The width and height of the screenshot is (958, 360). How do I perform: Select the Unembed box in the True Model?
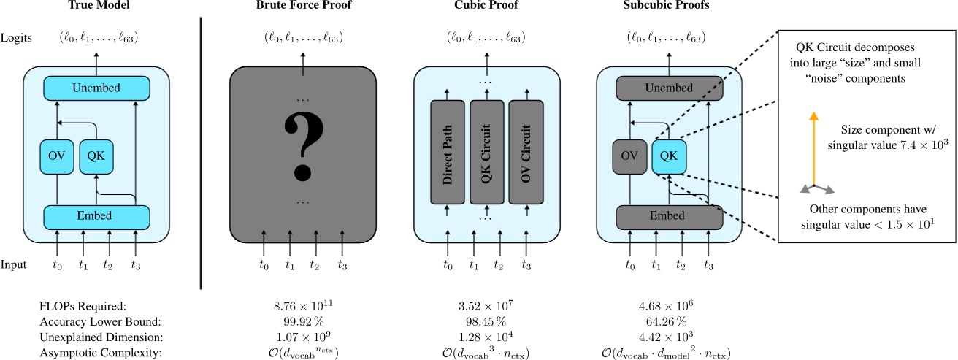pyautogui.click(x=97, y=88)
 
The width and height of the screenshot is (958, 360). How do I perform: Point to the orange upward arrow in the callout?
pyautogui.click(x=812, y=149)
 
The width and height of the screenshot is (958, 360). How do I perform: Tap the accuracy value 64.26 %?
pyautogui.click(x=669, y=321)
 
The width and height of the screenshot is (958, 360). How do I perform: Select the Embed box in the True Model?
pyautogui.click(x=97, y=217)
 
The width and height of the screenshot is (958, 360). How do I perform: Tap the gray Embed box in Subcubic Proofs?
pyautogui.click(x=669, y=217)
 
